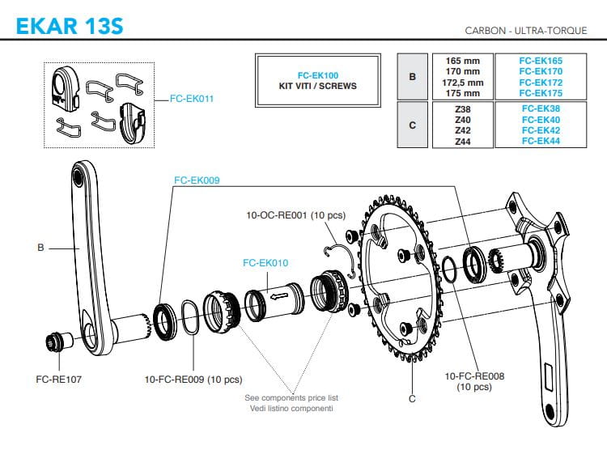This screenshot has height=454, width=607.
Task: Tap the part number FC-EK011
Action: (193, 99)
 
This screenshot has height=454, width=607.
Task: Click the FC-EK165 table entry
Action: (541, 61)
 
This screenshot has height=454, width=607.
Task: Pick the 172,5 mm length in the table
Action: (459, 83)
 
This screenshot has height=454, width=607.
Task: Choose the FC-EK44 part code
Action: (541, 141)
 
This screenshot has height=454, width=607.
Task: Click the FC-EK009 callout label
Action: (197, 180)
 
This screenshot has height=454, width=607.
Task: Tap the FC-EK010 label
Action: (265, 263)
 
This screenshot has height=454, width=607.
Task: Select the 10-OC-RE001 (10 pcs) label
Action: (295, 215)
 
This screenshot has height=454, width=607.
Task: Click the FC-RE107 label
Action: (59, 378)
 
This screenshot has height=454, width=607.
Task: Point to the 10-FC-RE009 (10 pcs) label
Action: (193, 379)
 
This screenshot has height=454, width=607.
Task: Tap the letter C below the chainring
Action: (413, 397)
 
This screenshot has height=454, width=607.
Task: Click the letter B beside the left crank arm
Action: (40, 248)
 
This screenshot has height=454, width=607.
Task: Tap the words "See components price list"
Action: (291, 398)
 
